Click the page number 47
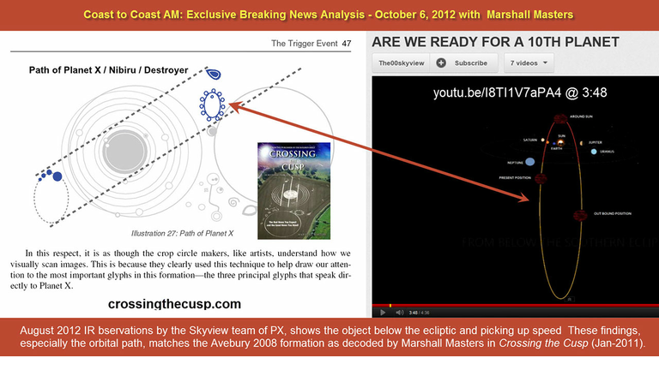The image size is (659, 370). tap(347, 43)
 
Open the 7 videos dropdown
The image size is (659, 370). tap(529, 63)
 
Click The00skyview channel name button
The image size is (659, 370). tap(401, 63)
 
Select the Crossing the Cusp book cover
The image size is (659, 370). tap(288, 181)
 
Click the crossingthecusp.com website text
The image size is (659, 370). tap(175, 304)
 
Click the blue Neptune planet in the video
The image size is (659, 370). tap(530, 160)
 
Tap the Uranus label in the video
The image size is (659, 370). tap(608, 152)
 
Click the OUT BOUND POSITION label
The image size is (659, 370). tap(613, 212)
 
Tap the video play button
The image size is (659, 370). tap(380, 312)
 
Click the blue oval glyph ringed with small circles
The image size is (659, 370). tap(212, 104)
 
